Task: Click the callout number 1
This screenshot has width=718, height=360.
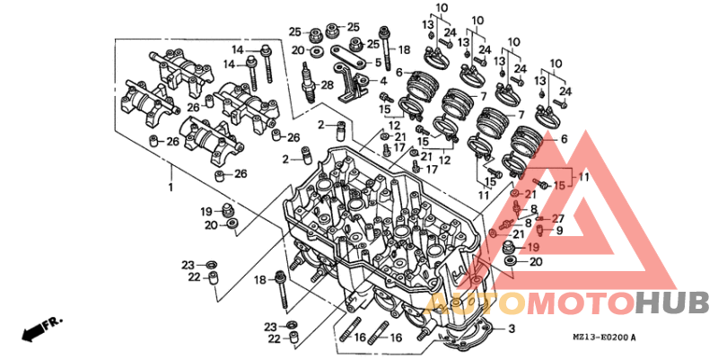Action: [171, 188]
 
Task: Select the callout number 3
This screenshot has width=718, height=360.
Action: [512, 329]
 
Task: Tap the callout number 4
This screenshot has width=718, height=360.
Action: [384, 82]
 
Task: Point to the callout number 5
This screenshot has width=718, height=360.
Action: [378, 62]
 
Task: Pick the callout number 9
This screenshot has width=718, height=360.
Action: [559, 231]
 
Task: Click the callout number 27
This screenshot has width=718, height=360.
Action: [558, 218]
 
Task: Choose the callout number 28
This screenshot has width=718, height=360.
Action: [328, 84]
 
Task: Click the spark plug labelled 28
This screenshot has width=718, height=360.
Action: [309, 83]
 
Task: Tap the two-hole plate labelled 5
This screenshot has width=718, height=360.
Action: [348, 55]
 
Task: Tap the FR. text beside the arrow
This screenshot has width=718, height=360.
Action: [53, 323]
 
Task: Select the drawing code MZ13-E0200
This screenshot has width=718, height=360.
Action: [600, 338]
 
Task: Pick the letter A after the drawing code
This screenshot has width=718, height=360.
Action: [634, 338]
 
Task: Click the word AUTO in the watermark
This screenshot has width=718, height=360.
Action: [474, 303]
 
